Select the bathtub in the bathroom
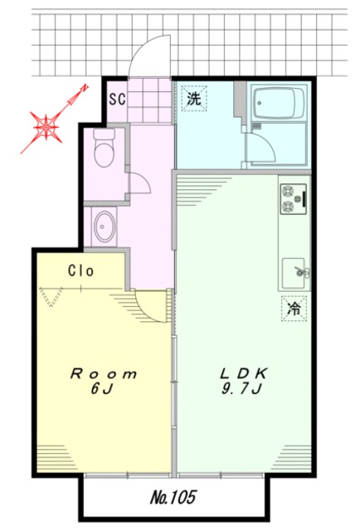[279, 103]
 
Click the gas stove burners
[294, 199]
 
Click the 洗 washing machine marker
[194, 98]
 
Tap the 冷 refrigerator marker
[294, 308]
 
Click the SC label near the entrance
[117, 99]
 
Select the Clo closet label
[80, 270]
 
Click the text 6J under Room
[101, 389]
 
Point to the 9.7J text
[241, 389]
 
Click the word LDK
[244, 373]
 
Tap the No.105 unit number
[173, 498]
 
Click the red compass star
[46, 126]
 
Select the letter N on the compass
[84, 89]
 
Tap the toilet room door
[139, 183]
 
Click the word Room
[104, 374]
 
